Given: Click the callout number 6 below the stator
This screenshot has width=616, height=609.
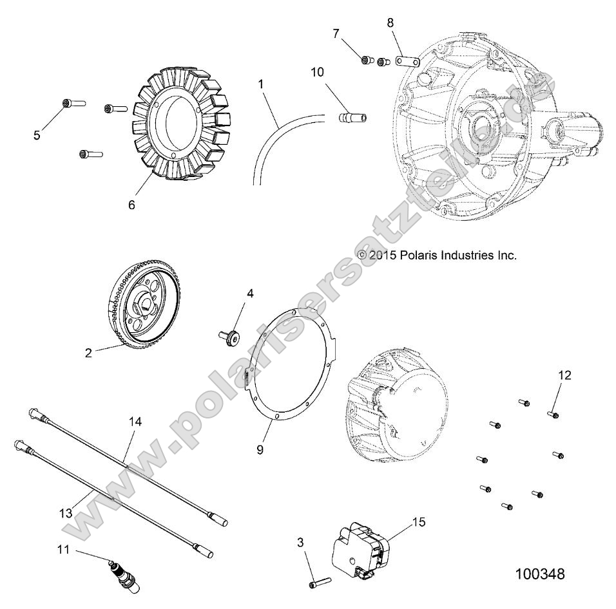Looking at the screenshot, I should pyautogui.click(x=131, y=204).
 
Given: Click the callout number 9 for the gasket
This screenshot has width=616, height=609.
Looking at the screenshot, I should pyautogui.click(x=260, y=449).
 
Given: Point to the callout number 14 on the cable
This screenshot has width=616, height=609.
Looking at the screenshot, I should pyautogui.click(x=135, y=422).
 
